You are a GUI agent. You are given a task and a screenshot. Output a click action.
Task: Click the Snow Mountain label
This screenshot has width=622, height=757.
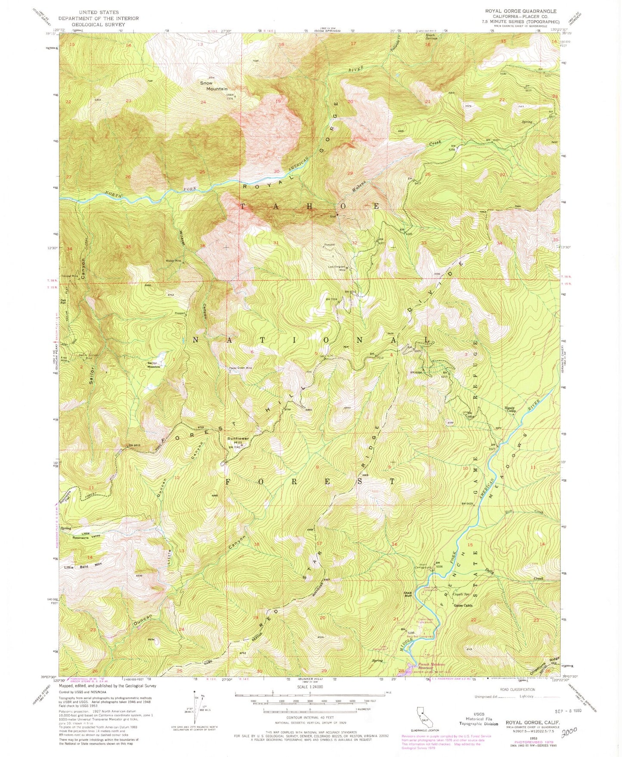tap(213, 86)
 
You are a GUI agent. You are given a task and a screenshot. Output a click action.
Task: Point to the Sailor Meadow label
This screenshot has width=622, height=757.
tap(154, 364)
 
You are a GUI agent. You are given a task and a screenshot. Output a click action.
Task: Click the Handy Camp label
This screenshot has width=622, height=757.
tap(511, 410)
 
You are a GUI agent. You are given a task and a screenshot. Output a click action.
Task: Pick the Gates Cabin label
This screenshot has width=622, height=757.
tap(463, 605)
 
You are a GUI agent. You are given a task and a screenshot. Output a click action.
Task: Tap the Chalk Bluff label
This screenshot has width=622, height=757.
tap(408, 594)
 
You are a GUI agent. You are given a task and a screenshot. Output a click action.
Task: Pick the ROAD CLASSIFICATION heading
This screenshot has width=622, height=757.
tap(523, 689)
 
